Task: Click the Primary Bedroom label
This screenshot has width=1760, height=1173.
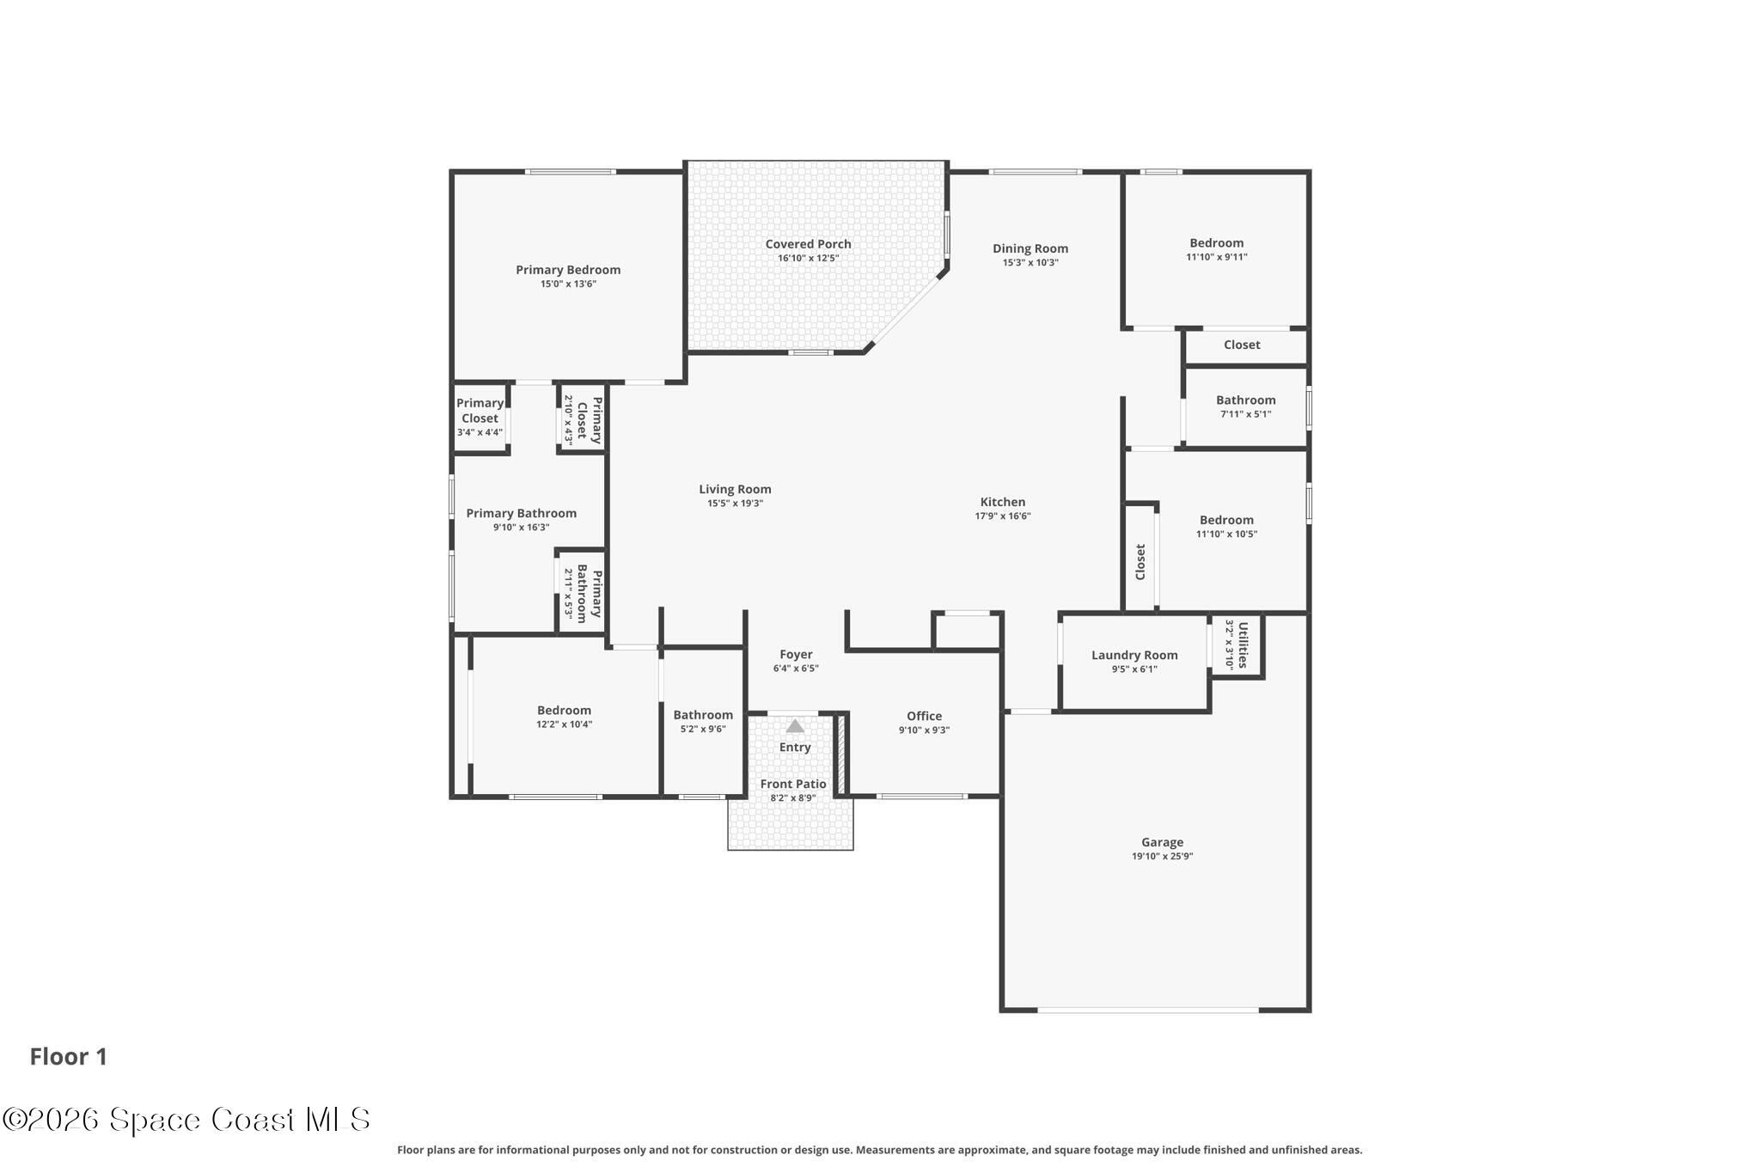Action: pos(568,270)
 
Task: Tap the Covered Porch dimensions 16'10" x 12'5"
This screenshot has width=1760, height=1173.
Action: pos(809,258)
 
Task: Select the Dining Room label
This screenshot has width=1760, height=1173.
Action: pos(1030,248)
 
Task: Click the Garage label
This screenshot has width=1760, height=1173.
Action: pos(1163,842)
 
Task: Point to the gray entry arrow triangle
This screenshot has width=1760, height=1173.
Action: pos(795,726)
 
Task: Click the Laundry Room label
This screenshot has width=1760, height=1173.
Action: pos(1134,655)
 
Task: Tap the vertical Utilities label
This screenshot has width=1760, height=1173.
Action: pos(1243,645)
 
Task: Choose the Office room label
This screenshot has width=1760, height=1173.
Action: pos(925,716)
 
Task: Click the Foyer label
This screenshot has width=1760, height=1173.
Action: pos(796,655)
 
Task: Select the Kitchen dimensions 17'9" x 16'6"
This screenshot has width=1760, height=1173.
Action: pos(1003,516)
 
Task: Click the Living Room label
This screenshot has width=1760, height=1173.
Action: pos(735,490)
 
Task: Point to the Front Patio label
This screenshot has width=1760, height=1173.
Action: pos(793,784)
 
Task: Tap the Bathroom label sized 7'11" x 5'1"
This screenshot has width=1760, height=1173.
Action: pos(1246,400)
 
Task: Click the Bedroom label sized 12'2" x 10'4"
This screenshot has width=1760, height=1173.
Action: pos(565,711)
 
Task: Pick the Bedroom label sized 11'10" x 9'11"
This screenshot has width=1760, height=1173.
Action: pos(1217,243)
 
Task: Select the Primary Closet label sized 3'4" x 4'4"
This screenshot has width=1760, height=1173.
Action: pos(480,411)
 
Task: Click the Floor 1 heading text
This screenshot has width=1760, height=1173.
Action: pos(69,1057)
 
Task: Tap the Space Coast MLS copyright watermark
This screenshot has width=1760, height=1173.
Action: pos(186,1120)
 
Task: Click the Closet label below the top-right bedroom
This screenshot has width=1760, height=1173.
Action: pos(1242,345)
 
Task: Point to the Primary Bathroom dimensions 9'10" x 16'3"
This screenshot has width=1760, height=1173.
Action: pos(522,528)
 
